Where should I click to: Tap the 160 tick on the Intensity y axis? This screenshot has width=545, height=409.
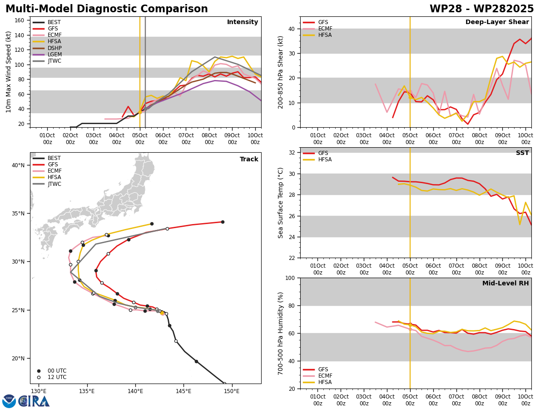pos(19,20)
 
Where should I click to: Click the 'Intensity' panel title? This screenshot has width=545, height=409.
pos(243,22)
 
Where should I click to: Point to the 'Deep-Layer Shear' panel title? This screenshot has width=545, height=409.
pos(497,22)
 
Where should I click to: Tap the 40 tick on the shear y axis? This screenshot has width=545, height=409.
pos(292,29)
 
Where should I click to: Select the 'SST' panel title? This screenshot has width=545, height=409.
pos(522,153)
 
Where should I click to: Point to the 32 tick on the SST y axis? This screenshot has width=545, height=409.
pos(292,153)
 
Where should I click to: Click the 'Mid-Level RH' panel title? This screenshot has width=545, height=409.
pos(505,283)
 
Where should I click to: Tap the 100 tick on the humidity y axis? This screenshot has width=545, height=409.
pos(290,278)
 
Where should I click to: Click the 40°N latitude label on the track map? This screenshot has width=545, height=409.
pos(18,165)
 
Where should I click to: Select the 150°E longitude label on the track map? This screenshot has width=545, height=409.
pos(232,392)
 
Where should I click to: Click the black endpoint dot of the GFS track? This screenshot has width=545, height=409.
pos(223,222)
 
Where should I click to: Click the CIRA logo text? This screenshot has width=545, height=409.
pos(34,401)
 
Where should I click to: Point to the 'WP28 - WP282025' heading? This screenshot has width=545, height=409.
pos(481,9)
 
